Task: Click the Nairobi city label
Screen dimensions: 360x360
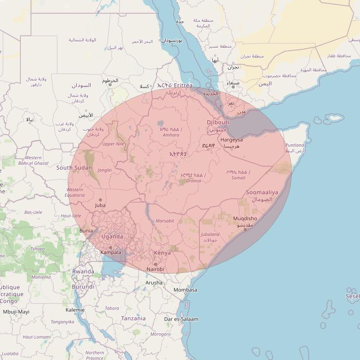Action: pyautogui.click(x=155, y=269)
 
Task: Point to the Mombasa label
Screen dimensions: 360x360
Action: pyautogui.click(x=185, y=290)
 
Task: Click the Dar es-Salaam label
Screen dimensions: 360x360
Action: pyautogui.click(x=181, y=319)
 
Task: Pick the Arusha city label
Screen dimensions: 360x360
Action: pyautogui.click(x=154, y=283)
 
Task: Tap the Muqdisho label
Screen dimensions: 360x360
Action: pyautogui.click(x=245, y=218)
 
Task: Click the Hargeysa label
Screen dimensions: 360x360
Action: pyautogui.click(x=231, y=140)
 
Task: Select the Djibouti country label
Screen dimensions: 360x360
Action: pyautogui.click(x=218, y=122)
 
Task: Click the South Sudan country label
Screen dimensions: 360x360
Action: pyautogui.click(x=74, y=168)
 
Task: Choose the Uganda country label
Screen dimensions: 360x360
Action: pyautogui.click(x=112, y=237)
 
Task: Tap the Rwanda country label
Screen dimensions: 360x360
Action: pyautogui.click(x=83, y=272)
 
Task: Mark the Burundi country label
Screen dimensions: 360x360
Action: pyautogui.click(x=83, y=287)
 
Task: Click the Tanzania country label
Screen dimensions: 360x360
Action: pyautogui.click(x=133, y=318)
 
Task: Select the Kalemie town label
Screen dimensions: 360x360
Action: pyautogui.click(x=75, y=310)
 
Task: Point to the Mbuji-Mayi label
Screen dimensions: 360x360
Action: pyautogui.click(x=16, y=312)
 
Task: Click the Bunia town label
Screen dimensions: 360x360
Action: pyautogui.click(x=86, y=230)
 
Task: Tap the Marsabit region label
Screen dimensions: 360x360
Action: pyautogui.click(x=165, y=221)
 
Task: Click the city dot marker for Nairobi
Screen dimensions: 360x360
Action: pyautogui.click(x=155, y=264)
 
